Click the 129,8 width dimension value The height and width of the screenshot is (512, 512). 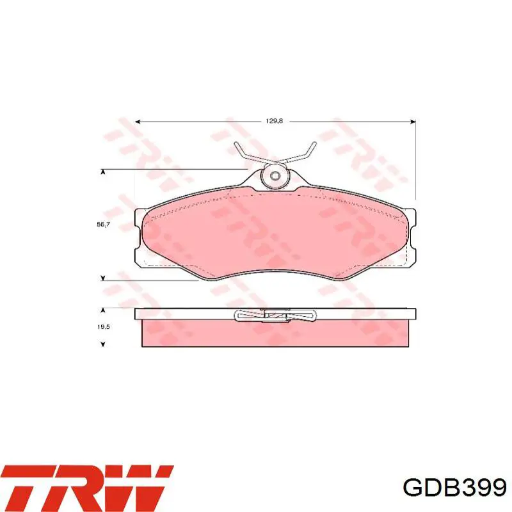(x=274, y=121)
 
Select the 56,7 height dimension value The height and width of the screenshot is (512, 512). (x=103, y=225)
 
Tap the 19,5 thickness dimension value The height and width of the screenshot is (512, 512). (x=103, y=326)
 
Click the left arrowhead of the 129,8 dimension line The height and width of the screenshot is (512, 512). (x=138, y=122)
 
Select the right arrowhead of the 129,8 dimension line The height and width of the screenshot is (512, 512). (x=413, y=122)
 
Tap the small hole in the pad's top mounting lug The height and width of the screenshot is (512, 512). (x=275, y=176)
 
